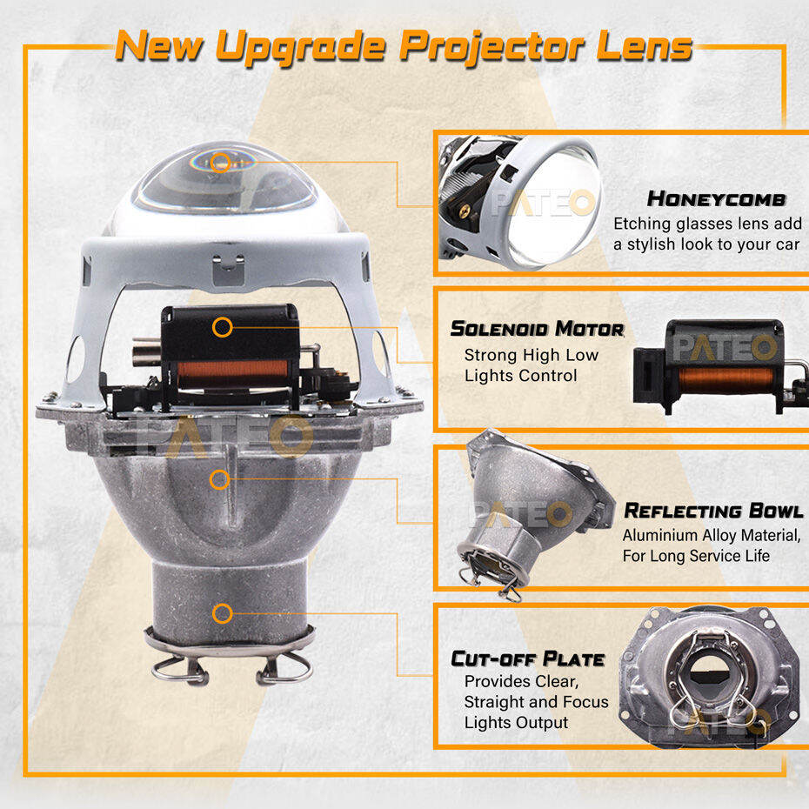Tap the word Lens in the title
[645, 47]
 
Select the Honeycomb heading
[717, 198]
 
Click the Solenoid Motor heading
[537, 329]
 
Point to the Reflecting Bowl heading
[713, 511]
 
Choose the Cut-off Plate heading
[528, 659]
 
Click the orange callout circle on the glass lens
[221, 162]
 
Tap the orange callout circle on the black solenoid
[223, 327]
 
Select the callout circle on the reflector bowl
[220, 480]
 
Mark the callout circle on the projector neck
[223, 613]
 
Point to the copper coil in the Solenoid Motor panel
[726, 380]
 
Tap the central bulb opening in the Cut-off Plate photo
[710, 671]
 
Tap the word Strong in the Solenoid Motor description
[489, 356]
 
